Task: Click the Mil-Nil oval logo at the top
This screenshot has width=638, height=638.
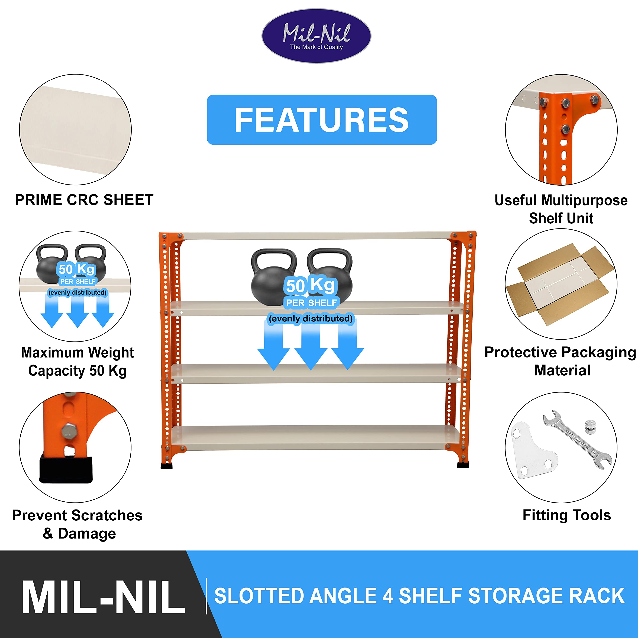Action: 316,36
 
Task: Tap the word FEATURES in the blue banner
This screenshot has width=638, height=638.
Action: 322,120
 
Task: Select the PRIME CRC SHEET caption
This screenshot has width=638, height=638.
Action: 84,200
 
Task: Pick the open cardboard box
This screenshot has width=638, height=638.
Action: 560,285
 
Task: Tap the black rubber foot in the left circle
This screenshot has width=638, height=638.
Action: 66,470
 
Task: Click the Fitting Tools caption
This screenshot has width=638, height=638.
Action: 567,515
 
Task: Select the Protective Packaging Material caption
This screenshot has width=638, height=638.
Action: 560,361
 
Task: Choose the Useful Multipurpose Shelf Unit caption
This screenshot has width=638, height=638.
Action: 561,209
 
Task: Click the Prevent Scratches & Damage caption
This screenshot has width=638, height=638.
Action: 78,524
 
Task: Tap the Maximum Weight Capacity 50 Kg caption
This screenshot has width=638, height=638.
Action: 77,362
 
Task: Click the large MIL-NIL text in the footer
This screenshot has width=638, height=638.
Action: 103,597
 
